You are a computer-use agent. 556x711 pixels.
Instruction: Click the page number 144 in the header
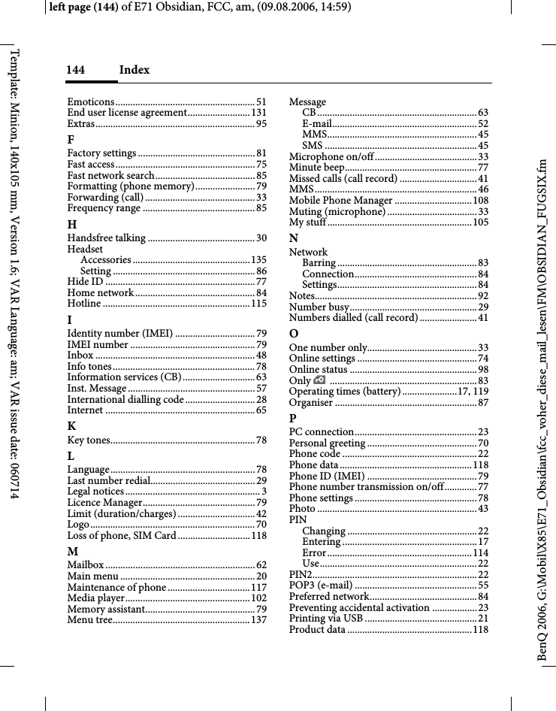[75, 70]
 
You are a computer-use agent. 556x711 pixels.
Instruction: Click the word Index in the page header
[134, 70]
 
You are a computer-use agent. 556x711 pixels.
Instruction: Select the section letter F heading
[71, 139]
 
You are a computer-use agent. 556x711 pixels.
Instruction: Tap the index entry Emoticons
[89, 102]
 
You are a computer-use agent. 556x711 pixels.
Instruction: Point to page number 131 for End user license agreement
[258, 113]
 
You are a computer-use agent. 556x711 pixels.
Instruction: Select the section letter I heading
[70, 319]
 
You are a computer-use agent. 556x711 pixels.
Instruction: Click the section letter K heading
[71, 425]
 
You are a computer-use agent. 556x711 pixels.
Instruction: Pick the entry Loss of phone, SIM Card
[121, 535]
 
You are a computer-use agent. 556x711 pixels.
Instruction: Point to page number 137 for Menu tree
[258, 620]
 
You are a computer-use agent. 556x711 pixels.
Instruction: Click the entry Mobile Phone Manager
[341, 201]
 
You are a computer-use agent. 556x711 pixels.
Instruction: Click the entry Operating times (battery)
[345, 392]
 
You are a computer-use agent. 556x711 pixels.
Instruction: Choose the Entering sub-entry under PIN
[322, 542]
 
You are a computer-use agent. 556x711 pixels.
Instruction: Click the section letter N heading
[294, 238]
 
